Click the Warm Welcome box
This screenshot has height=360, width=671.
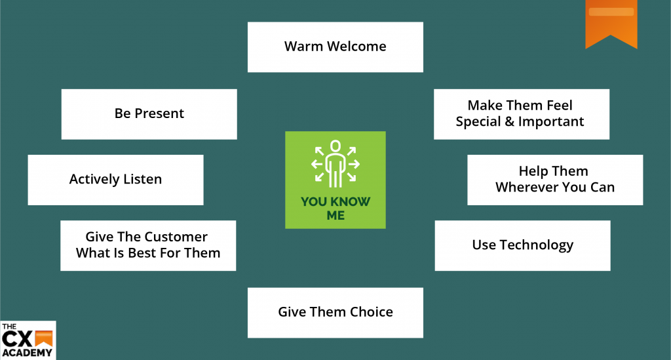click(335, 47)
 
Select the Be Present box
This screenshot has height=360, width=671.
click(149, 114)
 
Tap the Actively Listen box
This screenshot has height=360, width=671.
click(115, 180)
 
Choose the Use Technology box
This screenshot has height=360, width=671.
click(522, 245)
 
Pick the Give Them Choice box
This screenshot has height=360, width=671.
click(335, 312)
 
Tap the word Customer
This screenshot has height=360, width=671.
click(176, 237)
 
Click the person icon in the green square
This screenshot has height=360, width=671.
click(335, 163)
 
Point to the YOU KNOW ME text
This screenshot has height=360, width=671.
click(335, 208)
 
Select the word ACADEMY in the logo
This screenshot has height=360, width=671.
click(27, 353)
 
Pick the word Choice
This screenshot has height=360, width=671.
click(371, 312)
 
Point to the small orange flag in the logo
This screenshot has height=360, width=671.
click(43, 338)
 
